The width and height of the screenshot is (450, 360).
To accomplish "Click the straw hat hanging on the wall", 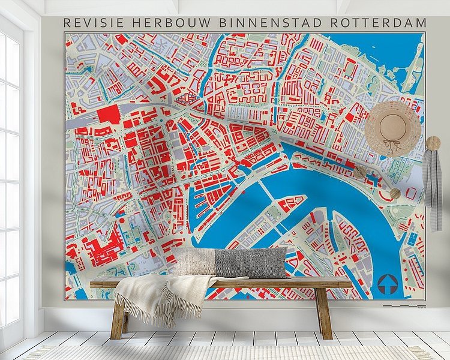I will click(393, 128).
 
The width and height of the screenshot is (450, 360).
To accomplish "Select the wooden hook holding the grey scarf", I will click(433, 143).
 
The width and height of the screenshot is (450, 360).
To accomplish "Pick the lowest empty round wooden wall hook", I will click(395, 193).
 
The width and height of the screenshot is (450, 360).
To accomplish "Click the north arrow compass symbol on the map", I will click(388, 283).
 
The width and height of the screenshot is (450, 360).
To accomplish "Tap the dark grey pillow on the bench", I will click(251, 263).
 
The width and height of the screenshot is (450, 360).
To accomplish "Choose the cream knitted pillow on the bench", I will click(194, 262).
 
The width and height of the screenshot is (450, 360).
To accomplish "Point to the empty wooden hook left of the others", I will click(359, 172).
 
